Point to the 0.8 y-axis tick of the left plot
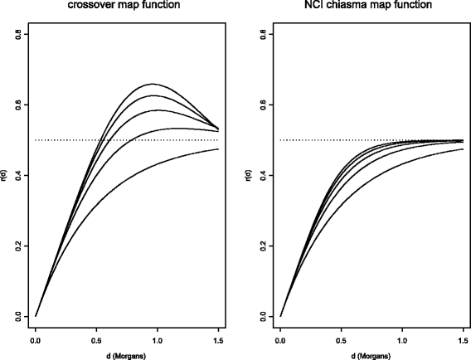click(17, 34)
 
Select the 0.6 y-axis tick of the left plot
click(17, 105)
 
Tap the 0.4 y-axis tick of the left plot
click(17, 175)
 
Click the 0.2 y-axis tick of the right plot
click(262, 246)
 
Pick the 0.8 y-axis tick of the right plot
click(262, 34)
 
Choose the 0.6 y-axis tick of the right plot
click(262, 105)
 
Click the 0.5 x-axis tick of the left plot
click(96, 340)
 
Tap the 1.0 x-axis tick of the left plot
click(157, 340)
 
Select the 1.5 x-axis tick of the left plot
click(217, 340)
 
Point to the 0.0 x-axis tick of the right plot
click(281, 340)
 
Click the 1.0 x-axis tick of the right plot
click(402, 340)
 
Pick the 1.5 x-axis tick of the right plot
click(463, 340)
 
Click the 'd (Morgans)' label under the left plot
click(127, 355)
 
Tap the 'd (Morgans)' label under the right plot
click(371, 355)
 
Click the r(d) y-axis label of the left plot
click(6, 175)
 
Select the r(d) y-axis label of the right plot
click(251, 175)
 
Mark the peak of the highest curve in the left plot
click(153, 84)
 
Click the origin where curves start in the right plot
click(281, 316)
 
